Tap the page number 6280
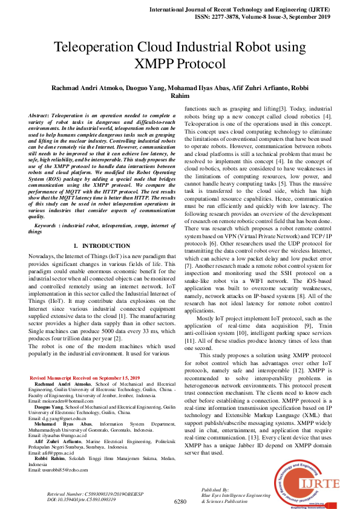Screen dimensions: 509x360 point(180,501)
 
